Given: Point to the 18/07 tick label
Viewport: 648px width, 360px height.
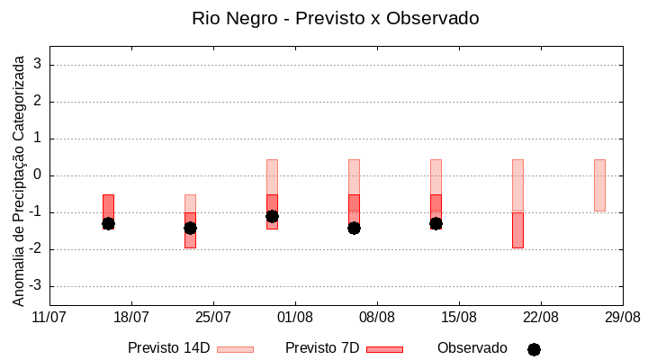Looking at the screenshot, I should tap(131, 318).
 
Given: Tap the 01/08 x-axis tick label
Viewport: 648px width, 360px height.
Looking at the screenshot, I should tap(295, 318).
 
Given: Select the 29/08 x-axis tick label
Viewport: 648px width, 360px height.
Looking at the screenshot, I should tap(623, 318).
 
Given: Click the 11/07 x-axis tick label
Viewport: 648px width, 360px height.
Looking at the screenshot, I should tap(49, 318).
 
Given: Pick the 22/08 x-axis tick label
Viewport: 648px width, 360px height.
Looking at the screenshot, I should tap(541, 318).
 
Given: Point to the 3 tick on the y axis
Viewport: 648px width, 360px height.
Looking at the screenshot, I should tap(38, 65).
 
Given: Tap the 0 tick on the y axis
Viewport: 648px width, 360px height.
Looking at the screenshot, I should tap(38, 175).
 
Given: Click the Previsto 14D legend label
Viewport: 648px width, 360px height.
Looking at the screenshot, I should tap(168, 348).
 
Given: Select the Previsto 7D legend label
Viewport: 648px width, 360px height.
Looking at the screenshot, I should tap(321, 348).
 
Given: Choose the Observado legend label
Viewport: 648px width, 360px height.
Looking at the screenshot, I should tap(472, 348).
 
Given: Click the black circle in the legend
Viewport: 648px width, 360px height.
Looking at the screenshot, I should tap(534, 349).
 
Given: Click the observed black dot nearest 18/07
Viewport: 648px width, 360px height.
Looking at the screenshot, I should tap(108, 223).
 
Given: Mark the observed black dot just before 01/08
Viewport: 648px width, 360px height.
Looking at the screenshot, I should tap(272, 216).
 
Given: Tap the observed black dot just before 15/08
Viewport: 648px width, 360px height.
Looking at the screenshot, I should tap(436, 223).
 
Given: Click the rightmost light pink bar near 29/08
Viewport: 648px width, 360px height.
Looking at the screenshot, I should tap(599, 185).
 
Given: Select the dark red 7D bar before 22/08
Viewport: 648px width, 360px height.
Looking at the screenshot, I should tap(517, 230).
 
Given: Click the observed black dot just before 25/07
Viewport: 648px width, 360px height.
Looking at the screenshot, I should tap(190, 228).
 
